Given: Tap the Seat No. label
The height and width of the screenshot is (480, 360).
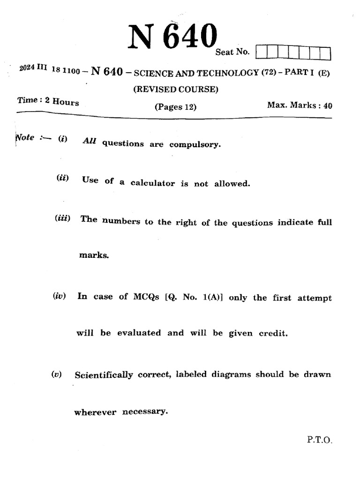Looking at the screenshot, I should click(232, 52).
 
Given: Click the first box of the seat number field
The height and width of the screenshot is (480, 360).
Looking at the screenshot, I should click(262, 52).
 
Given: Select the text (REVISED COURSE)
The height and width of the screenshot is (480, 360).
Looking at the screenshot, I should click(176, 90).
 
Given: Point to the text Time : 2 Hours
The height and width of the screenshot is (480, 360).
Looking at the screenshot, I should click(48, 101).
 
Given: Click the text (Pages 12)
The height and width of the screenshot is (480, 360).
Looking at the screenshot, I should click(175, 107).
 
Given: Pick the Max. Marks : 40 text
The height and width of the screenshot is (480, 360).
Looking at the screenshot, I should click(300, 105).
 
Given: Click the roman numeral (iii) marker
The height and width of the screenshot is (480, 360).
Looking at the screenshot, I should click(62, 218).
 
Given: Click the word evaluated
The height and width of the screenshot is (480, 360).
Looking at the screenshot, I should click(139, 333).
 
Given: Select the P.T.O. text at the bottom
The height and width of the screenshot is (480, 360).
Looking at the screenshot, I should click(320, 440).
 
